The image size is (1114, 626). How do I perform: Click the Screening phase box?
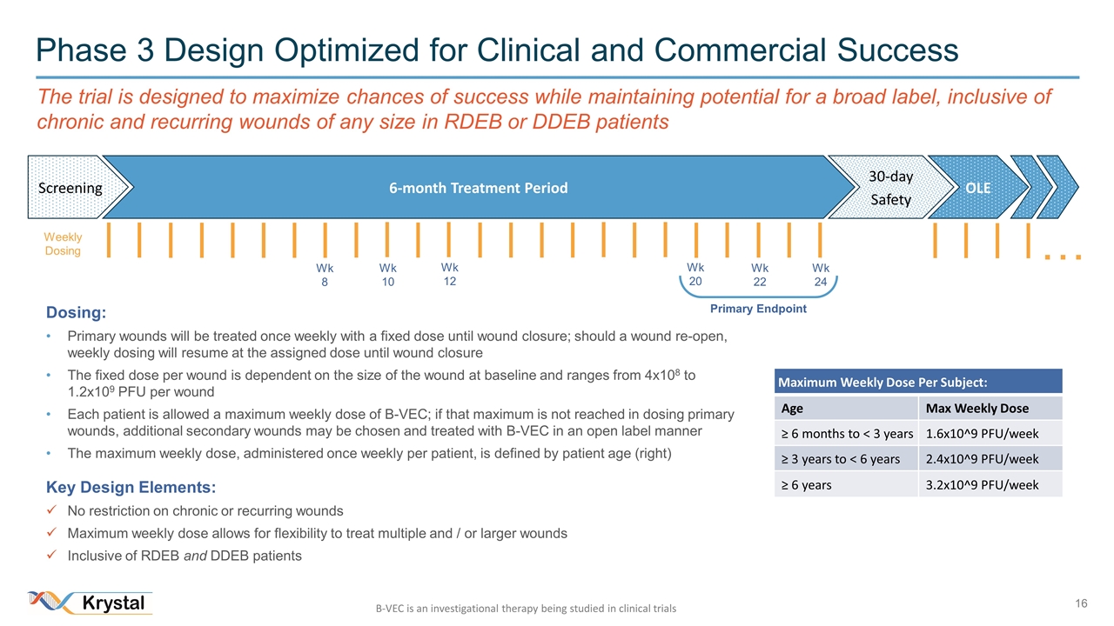tap(69, 188)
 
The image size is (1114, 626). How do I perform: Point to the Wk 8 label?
tap(325, 276)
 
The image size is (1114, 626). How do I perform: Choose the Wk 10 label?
tap(387, 276)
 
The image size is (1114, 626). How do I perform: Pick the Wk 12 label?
tap(449, 274)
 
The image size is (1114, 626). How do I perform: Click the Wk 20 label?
tap(695, 274)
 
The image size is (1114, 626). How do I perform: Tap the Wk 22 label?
tap(760, 276)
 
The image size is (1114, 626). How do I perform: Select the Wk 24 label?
tap(821, 276)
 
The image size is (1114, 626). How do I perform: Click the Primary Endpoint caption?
tap(758, 309)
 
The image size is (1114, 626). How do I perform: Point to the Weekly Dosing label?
tap(63, 244)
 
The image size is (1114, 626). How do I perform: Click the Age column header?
tap(793, 408)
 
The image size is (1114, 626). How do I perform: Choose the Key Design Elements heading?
tap(131, 487)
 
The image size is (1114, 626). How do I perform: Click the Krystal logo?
tap(91, 603)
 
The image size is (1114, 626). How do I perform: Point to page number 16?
tap(1083, 603)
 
